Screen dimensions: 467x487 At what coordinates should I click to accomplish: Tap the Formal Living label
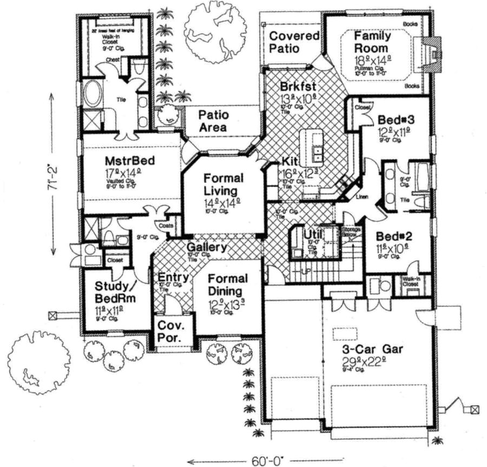coord(223,184)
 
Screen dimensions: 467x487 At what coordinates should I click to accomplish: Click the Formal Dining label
coord(227,285)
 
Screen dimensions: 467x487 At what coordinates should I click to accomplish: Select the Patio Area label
coord(213,121)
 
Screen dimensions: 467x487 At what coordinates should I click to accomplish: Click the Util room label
coord(313,233)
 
